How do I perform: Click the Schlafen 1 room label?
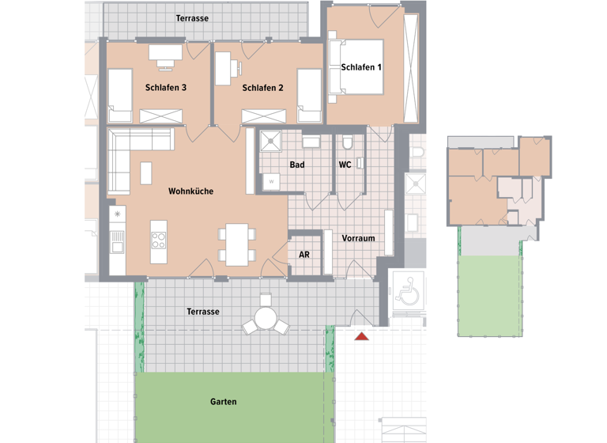[361, 67]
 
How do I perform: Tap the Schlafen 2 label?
[263, 88]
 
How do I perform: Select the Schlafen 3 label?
[166, 88]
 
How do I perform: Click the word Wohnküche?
[190, 191]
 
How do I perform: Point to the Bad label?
[297, 165]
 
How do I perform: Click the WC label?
[345, 165]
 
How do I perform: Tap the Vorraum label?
[358, 238]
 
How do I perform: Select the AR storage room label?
[304, 256]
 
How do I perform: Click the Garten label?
[224, 402]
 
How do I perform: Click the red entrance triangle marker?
[361, 338]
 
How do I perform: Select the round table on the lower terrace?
[265, 320]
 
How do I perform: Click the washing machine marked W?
[272, 181]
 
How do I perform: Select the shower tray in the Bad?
[274, 142]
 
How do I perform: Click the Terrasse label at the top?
[192, 17]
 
